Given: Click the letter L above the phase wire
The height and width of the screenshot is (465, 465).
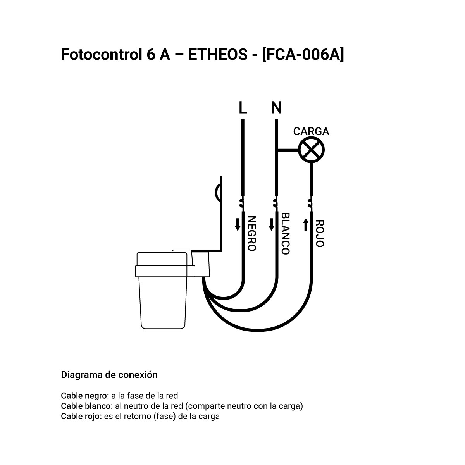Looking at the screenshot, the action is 243,108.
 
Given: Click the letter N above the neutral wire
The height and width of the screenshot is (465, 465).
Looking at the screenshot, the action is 276,108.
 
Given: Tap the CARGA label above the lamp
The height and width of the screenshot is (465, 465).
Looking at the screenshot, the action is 311,131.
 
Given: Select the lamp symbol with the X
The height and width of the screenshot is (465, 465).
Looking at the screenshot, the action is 311,150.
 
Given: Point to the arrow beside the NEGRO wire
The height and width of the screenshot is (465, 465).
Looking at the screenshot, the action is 238,224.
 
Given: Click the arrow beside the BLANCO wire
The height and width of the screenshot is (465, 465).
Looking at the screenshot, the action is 272,224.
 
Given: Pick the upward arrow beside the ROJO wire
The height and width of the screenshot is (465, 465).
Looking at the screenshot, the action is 306,225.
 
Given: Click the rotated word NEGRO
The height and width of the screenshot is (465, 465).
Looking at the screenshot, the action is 252,233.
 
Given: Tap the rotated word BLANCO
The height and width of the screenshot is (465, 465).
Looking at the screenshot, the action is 286,233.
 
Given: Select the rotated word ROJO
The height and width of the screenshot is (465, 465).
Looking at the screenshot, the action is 320,233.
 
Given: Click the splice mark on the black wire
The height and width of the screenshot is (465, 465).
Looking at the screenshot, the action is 241,203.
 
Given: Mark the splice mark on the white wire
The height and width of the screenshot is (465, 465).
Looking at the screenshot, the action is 276,203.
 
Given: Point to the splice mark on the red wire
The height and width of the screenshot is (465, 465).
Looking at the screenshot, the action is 310,203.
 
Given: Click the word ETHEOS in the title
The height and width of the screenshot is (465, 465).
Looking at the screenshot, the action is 218,55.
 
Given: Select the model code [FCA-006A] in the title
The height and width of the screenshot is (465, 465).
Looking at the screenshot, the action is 303,55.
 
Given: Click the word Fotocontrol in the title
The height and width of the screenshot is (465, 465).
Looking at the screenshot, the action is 102,55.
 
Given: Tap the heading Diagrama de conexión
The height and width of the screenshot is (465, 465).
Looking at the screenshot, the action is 109,375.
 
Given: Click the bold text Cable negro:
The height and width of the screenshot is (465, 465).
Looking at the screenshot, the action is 85,396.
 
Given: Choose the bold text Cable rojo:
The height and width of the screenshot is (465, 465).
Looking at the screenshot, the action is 81,416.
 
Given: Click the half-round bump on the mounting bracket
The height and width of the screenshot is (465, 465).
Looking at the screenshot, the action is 218,193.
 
